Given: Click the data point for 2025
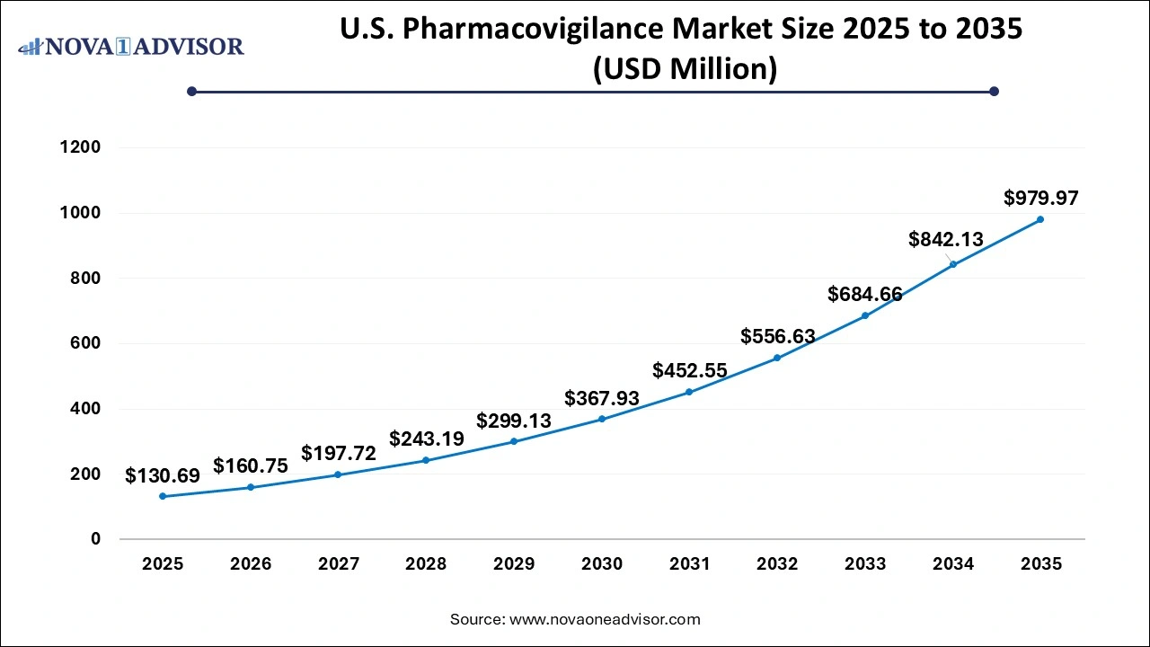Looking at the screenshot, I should (x=163, y=496).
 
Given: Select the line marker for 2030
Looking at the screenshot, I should (x=602, y=419).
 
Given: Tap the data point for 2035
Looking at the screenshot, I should (x=1040, y=219).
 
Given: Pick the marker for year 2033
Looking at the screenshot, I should (x=865, y=315).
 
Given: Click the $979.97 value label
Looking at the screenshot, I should (x=1040, y=198).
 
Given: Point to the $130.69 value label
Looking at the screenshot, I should (x=163, y=475).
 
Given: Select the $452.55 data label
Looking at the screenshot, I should (x=690, y=370).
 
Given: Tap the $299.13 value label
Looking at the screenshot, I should (x=514, y=421).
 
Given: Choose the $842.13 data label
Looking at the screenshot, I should (x=946, y=239).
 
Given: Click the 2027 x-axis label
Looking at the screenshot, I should (x=338, y=564).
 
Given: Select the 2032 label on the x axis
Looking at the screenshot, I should (x=777, y=564).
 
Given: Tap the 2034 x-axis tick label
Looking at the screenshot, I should (x=953, y=564).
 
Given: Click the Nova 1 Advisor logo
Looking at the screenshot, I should (x=131, y=46).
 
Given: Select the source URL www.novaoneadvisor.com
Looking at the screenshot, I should (x=605, y=619).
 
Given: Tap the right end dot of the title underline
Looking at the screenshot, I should (x=994, y=91).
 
